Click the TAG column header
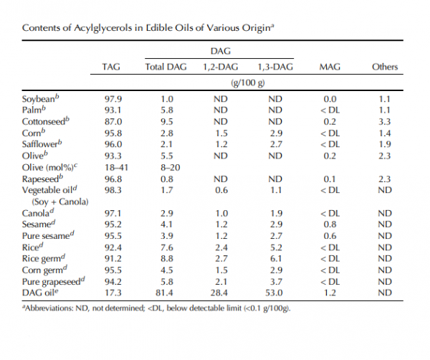pos(111,67)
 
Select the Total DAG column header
pos(166,67)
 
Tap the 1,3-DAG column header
pos(275,67)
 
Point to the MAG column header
pos(330,67)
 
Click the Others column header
pos(385,67)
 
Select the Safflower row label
pos(42,143)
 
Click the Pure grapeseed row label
pos(53,282)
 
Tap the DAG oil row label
pos(40,293)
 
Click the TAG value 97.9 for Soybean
pos(113,99)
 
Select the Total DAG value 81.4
pos(164,293)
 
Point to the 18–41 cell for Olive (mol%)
pos(116,167)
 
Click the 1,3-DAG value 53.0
pos(274,293)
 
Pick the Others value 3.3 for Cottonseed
pos(384,122)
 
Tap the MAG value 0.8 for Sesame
pos(330,224)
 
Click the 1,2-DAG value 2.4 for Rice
pos(221,247)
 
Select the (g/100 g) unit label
pos(248,82)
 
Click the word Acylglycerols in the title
pos(102,28)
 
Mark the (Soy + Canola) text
pos(60,202)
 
